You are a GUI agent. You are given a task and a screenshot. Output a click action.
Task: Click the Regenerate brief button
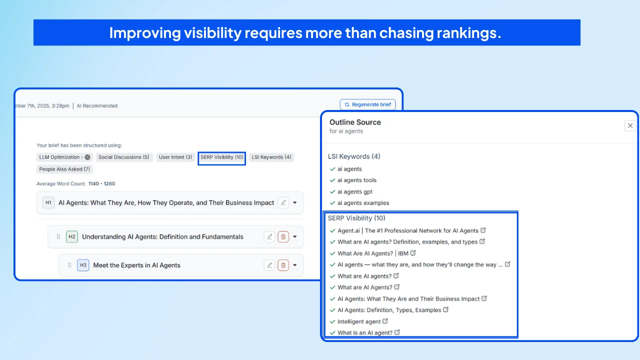click(367, 104)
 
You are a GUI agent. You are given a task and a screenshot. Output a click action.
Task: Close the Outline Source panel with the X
click(630, 125)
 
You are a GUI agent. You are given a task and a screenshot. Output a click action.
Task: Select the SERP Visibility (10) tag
click(221, 157)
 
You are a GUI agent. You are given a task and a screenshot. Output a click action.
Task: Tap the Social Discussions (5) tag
click(124, 157)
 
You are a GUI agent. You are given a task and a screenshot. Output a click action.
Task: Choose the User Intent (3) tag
click(175, 157)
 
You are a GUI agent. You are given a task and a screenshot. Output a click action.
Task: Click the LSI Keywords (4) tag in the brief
click(271, 157)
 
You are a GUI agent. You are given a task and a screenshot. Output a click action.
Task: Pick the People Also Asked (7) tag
click(65, 169)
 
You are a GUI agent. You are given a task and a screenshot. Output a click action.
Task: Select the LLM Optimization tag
click(64, 157)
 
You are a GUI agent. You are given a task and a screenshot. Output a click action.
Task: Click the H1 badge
click(48, 202)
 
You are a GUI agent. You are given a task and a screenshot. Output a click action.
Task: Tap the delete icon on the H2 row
click(283, 236)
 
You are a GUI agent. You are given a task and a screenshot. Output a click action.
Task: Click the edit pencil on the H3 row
click(269, 265)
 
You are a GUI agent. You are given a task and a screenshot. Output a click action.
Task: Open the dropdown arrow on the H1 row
click(295, 202)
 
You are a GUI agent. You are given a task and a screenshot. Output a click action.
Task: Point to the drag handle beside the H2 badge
click(58, 236)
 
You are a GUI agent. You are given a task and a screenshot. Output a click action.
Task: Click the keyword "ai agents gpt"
click(354, 191)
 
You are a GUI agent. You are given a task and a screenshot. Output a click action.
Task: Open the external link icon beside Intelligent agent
click(385, 321)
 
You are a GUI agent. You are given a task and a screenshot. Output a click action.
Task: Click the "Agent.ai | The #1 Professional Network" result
click(407, 230)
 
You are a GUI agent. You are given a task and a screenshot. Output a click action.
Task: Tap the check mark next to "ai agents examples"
click(332, 203)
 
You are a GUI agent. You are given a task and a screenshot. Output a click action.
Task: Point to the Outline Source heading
click(355, 122)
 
